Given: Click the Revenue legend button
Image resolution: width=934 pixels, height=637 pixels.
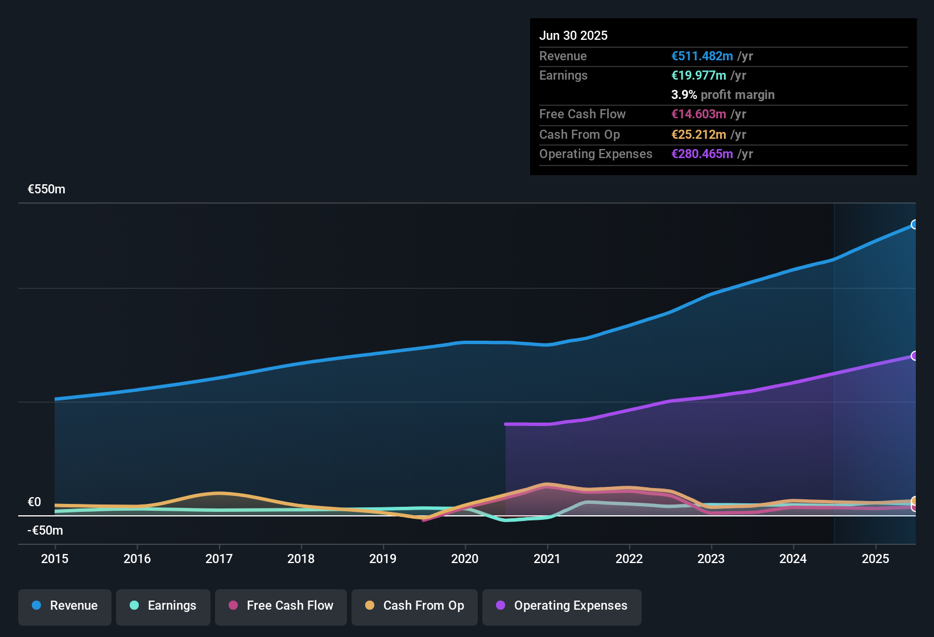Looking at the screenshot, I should [65, 606].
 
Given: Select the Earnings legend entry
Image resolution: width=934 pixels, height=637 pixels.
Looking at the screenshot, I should [163, 606].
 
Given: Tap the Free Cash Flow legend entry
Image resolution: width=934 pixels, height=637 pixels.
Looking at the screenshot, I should [281, 606].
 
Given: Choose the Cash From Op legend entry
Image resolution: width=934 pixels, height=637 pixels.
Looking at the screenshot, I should [415, 606].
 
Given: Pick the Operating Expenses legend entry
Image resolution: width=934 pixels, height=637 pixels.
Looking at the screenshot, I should [562, 606].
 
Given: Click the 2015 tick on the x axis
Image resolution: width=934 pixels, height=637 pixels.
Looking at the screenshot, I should [55, 559].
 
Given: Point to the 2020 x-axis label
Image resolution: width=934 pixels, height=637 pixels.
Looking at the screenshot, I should [465, 559].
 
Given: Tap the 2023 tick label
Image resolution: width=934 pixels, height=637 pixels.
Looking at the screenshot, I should [711, 559].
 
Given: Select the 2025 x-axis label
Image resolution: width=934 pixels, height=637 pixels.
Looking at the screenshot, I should [875, 559].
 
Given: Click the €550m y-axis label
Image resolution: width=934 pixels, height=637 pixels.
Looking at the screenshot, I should [47, 189].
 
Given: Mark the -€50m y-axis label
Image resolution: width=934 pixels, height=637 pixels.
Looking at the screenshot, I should [46, 531].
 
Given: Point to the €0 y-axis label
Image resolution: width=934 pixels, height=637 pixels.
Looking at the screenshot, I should [35, 502].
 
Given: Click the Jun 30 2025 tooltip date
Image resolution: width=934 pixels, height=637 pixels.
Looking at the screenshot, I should [573, 36].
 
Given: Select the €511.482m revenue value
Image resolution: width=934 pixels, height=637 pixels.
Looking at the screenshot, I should [702, 56].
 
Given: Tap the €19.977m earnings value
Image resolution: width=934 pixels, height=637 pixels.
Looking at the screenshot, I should [699, 76].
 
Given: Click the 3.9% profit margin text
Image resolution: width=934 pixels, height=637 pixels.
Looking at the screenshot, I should [723, 95].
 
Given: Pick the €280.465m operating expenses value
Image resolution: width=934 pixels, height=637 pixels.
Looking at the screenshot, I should [702, 154].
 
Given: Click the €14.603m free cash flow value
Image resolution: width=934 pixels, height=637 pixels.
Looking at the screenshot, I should [699, 114].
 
